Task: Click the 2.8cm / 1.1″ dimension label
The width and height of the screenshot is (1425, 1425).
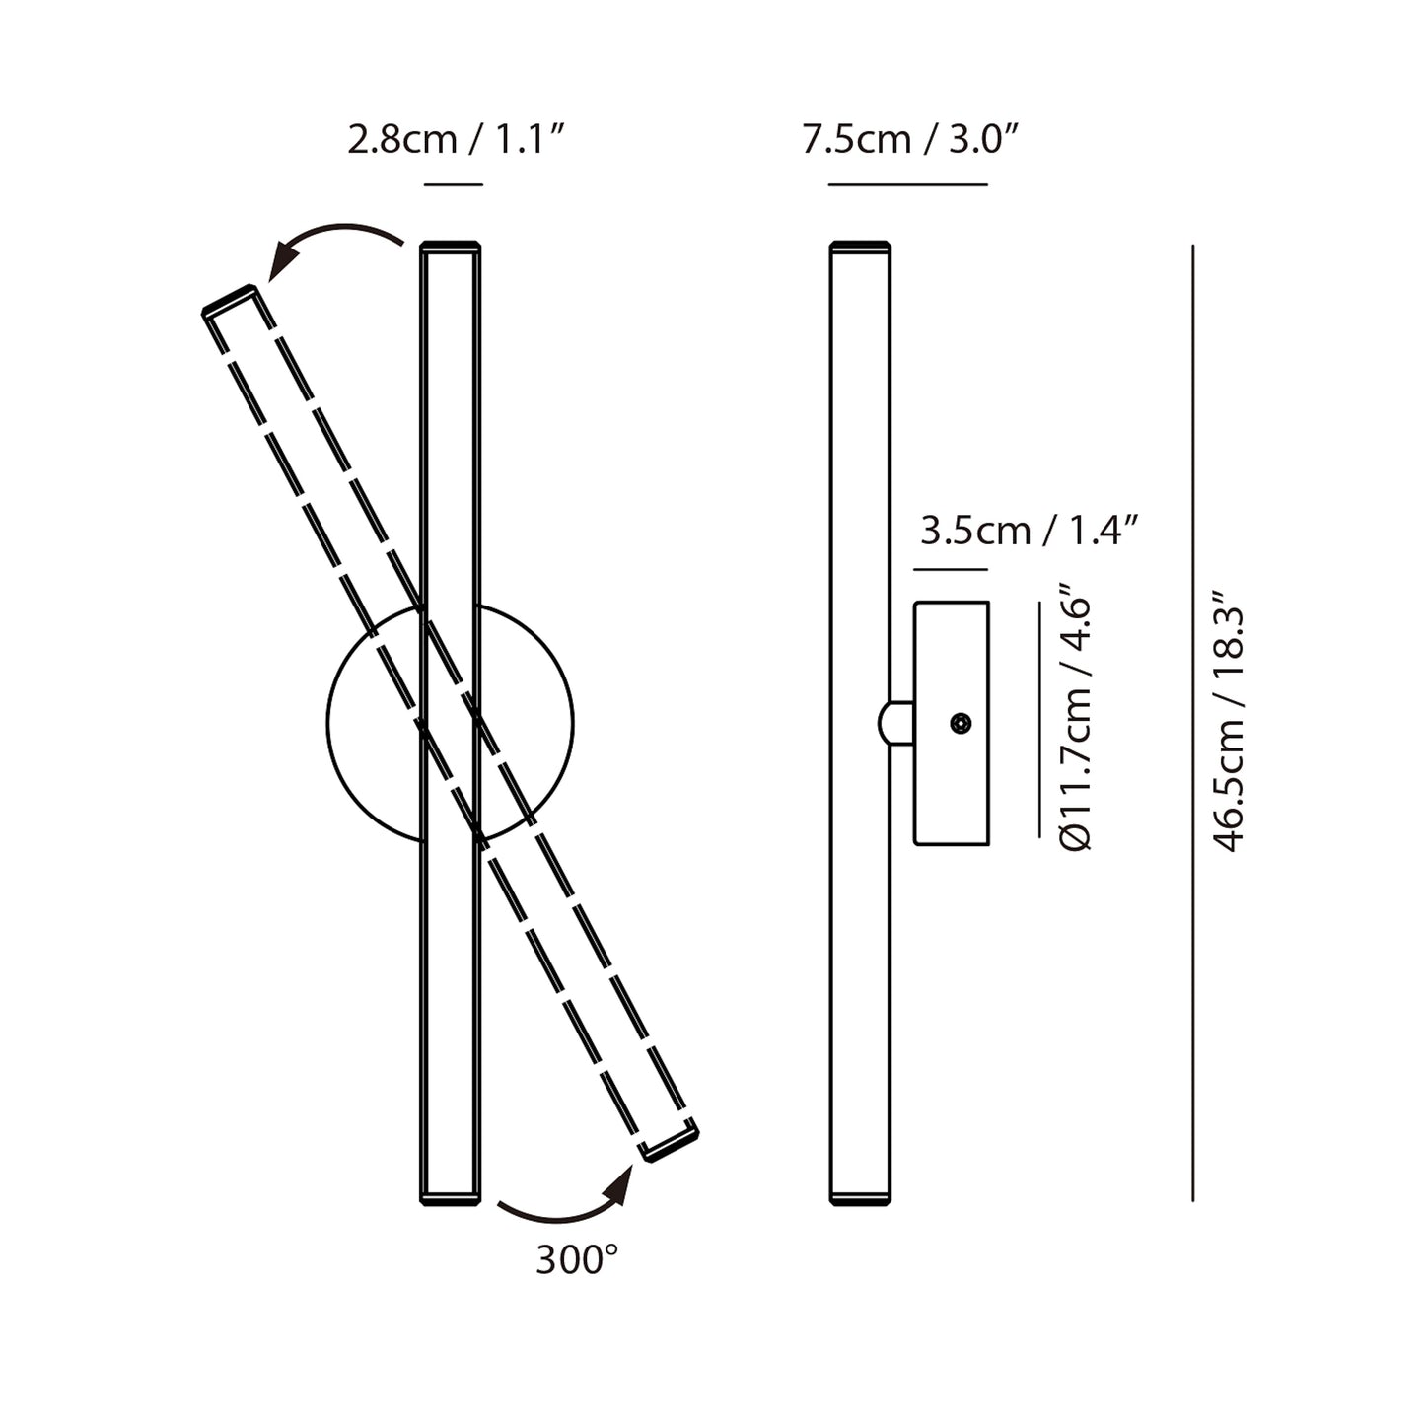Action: [x=457, y=140]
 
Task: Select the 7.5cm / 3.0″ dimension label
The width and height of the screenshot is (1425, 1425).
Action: [x=910, y=140]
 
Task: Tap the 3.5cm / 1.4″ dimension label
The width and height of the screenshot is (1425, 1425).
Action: [x=1029, y=531]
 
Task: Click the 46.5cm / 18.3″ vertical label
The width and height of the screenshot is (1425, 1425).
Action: [x=1229, y=721]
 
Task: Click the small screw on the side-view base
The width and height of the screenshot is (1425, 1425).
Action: [x=960, y=723]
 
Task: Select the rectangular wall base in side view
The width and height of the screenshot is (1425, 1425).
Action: [x=952, y=723]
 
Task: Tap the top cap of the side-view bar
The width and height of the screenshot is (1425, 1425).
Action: [x=860, y=247]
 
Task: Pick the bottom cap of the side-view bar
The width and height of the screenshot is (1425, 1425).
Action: [x=860, y=1199]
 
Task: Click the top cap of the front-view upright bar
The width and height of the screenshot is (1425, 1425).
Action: [x=451, y=247]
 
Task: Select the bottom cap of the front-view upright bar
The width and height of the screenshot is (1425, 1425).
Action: [x=451, y=1199]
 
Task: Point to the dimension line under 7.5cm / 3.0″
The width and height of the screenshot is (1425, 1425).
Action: [x=907, y=184]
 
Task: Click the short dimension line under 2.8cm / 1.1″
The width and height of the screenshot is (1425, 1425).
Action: [x=453, y=184]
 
